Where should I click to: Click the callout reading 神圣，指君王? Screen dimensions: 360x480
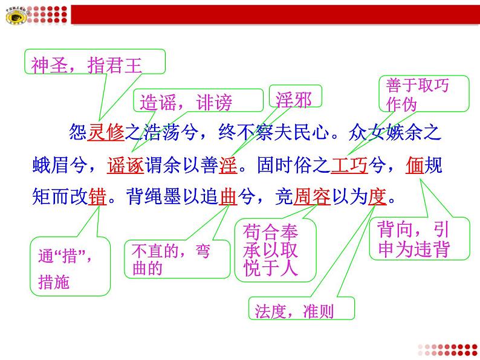(95, 63)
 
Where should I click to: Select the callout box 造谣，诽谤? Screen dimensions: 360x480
(186, 102)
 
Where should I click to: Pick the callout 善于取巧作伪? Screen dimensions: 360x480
(423, 94)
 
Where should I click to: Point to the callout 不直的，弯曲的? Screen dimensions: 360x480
(177, 259)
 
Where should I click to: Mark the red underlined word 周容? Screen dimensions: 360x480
(311, 197)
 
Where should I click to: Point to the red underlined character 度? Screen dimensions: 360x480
(377, 197)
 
